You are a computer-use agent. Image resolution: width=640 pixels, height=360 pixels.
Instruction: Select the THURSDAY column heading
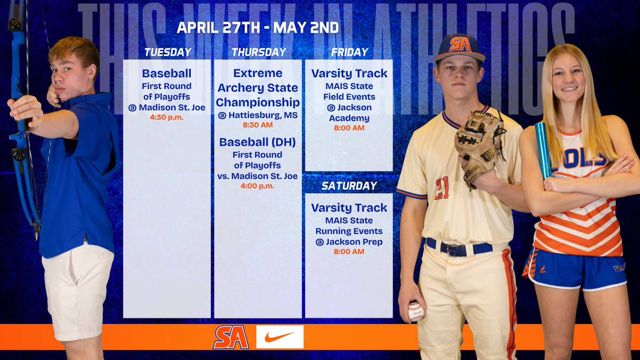click(259, 52)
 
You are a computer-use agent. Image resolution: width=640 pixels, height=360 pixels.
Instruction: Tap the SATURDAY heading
click(349, 186)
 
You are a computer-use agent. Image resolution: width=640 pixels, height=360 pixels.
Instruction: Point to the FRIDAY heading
click(349, 52)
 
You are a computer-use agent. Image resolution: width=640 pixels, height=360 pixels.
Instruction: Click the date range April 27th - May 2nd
click(258, 28)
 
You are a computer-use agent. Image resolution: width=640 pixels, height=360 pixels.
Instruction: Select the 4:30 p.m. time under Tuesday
click(167, 117)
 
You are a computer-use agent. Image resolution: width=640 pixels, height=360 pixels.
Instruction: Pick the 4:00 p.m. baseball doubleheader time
click(258, 186)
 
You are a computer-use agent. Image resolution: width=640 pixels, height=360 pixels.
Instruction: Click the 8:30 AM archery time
click(258, 125)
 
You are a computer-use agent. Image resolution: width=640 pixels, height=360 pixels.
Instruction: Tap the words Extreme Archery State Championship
click(258, 87)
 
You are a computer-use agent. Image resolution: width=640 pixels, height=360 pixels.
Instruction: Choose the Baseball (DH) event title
click(258, 142)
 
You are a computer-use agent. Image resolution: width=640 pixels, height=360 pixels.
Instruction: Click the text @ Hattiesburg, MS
click(258, 115)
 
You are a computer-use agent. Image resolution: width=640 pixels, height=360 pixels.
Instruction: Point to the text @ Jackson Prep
click(349, 241)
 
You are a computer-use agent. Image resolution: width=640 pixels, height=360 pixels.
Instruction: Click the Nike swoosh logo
click(279, 337)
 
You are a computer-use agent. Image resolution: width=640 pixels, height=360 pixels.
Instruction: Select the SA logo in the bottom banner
click(231, 337)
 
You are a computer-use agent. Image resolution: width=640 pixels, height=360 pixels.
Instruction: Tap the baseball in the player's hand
click(415, 311)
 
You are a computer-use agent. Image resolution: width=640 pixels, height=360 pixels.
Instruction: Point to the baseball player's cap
click(459, 47)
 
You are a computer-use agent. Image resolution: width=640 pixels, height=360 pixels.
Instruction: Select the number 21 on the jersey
click(441, 188)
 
